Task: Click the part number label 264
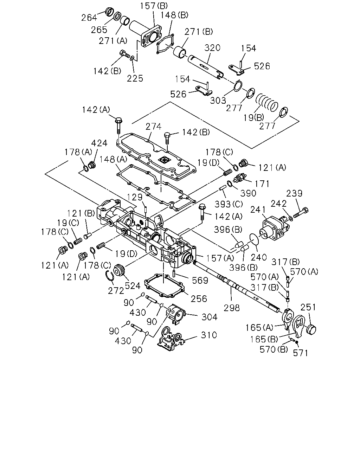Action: pyautogui.click(x=89, y=18)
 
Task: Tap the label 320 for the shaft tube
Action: pyautogui.click(x=212, y=48)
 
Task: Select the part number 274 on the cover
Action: pyautogui.click(x=154, y=127)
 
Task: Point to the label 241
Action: pyautogui.click(x=258, y=210)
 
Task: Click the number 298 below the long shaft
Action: pyautogui.click(x=232, y=308)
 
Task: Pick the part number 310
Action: pyautogui.click(x=209, y=335)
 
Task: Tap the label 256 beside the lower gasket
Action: pyautogui.click(x=199, y=299)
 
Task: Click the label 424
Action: pyautogui.click(x=99, y=143)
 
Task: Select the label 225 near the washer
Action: pyautogui.click(x=135, y=79)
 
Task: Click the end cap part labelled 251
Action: pyautogui.click(x=311, y=330)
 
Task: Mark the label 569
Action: pyautogui.click(x=200, y=281)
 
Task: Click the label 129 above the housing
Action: pyautogui.click(x=135, y=197)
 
